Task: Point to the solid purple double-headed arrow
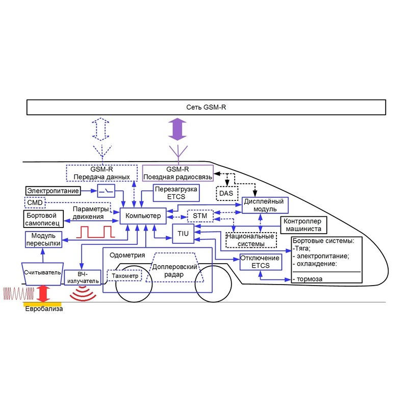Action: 177,129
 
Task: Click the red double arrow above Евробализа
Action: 43,294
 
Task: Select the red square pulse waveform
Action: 95,232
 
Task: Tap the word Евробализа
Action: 44,309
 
